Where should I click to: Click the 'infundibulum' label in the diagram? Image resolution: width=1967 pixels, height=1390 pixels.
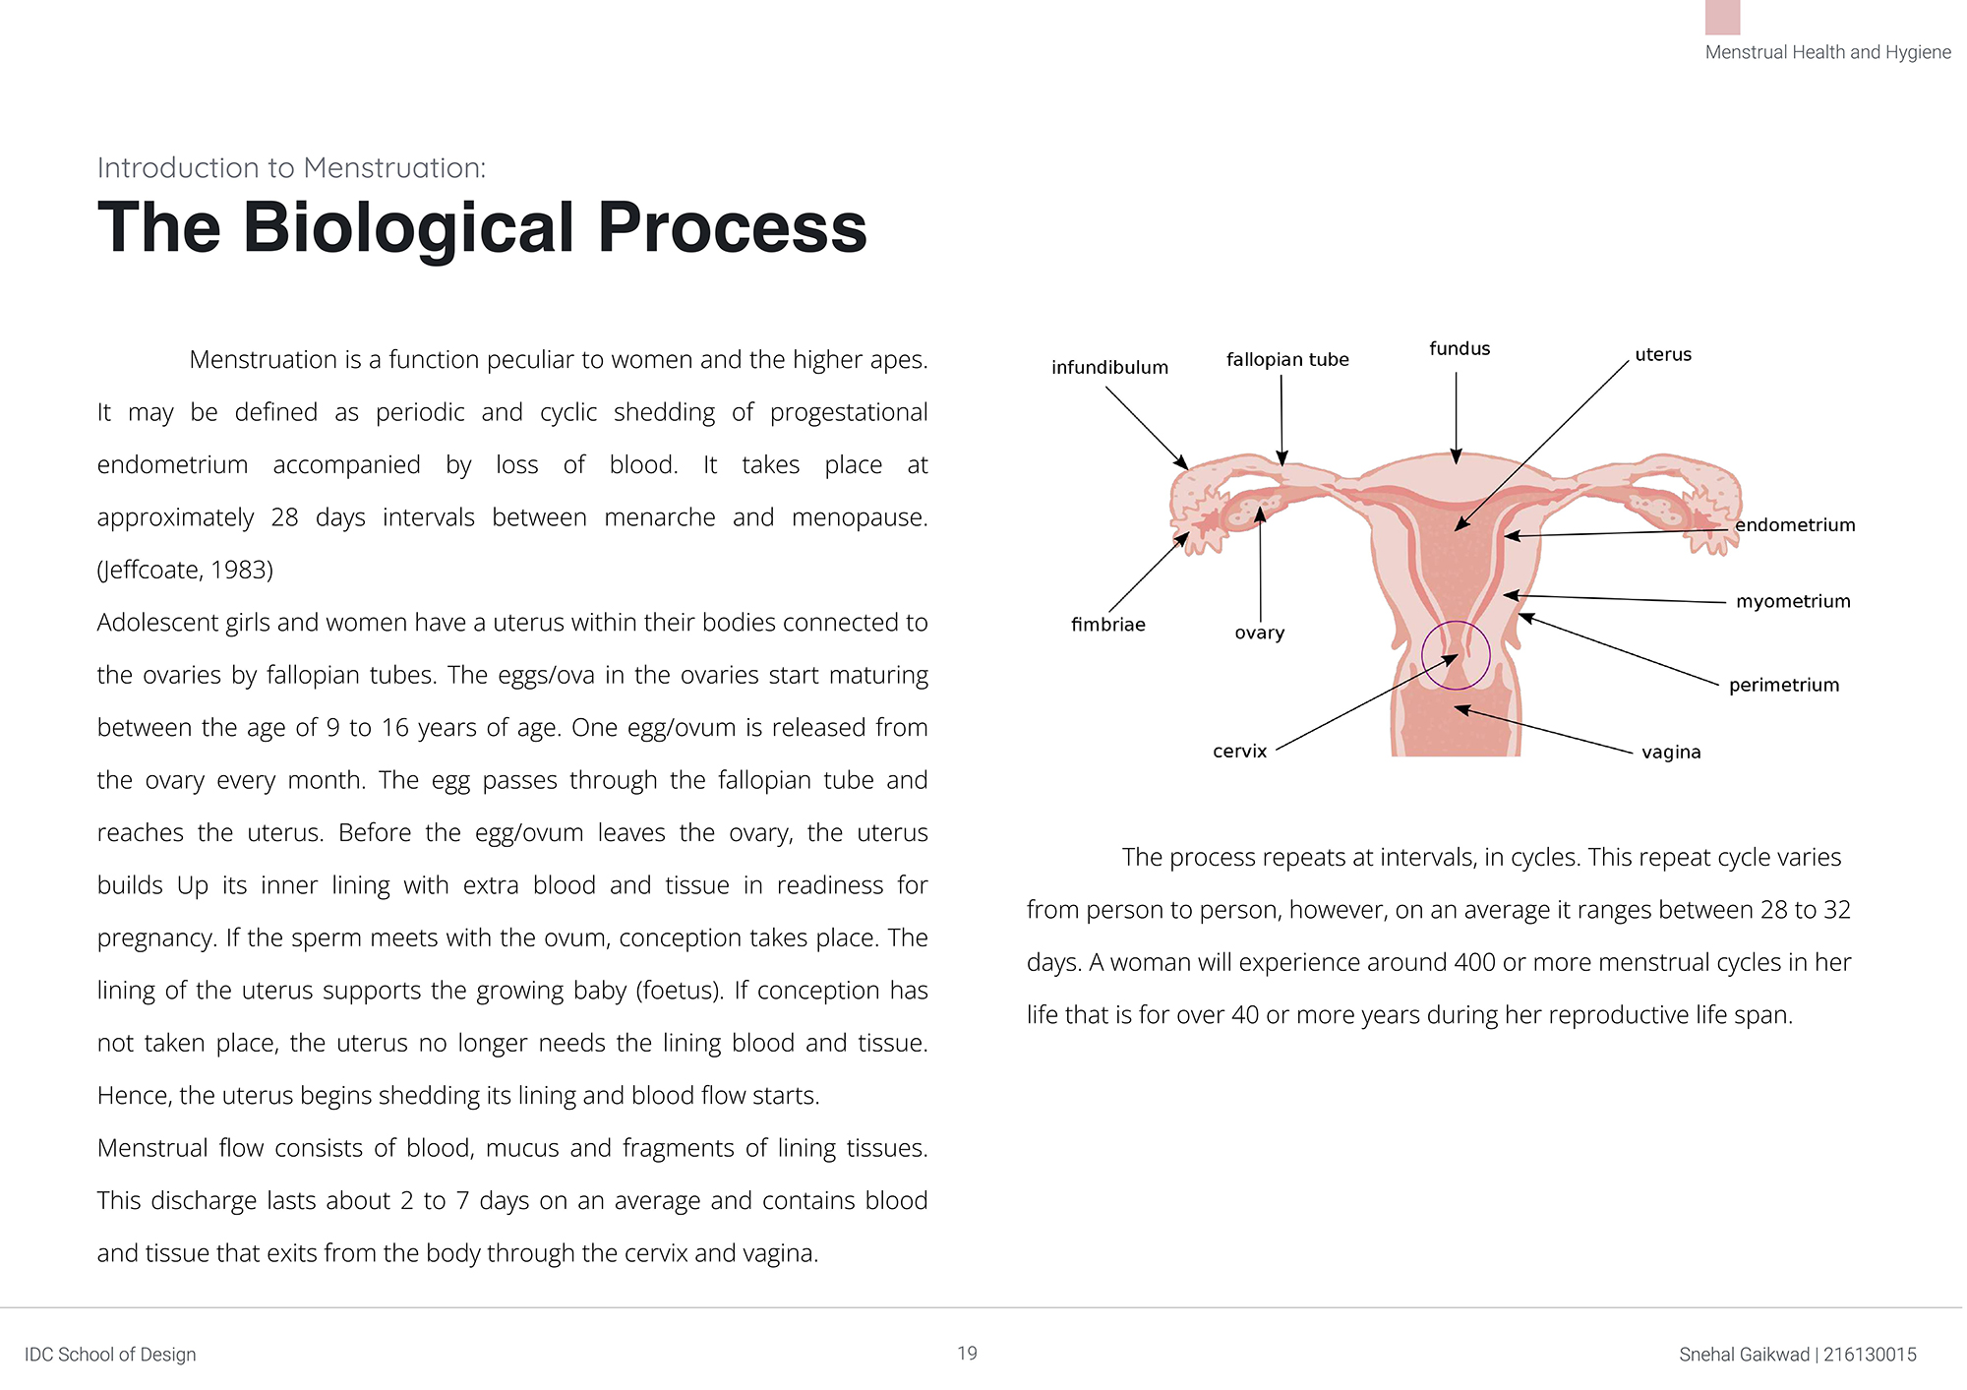pos(1109,368)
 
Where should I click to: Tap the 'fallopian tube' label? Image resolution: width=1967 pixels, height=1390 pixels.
pos(1287,360)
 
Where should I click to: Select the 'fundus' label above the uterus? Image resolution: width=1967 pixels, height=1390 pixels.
pos(1460,349)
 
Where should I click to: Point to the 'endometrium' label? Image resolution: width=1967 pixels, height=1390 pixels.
pos(1795,525)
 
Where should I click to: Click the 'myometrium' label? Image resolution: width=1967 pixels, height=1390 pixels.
pos(1793,601)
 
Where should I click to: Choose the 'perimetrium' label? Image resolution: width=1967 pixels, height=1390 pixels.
pos(1784,686)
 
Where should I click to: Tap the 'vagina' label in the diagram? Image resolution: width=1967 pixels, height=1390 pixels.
pos(1671,753)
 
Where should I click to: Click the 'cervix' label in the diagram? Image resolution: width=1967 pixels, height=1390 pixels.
pos(1239,752)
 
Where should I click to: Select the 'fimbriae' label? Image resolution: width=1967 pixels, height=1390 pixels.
pos(1107,625)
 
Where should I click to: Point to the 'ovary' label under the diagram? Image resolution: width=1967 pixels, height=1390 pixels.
pos(1259,633)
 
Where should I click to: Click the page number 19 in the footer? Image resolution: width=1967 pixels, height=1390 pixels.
pos(967,1354)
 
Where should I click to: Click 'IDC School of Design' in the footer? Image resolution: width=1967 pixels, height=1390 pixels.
pos(110,1355)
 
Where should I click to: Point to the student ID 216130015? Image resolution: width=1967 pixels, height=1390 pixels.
pos(1870,1355)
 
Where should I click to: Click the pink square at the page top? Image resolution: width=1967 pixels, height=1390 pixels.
pos(1722,16)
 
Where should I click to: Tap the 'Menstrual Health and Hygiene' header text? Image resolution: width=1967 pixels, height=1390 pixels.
pos(1827,52)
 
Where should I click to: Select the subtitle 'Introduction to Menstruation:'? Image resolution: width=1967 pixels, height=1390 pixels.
pos(291,168)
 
